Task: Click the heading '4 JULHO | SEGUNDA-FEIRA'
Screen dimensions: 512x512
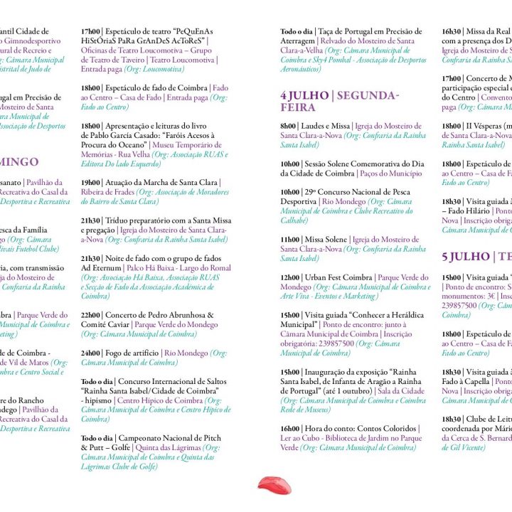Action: click(339, 102)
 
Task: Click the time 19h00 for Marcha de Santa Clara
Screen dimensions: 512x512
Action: click(90, 182)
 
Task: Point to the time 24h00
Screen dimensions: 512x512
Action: click(90, 353)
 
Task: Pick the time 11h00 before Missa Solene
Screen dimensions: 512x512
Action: click(290, 240)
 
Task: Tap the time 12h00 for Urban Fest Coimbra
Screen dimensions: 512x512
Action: click(290, 277)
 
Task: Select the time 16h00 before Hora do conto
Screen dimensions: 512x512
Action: click(290, 429)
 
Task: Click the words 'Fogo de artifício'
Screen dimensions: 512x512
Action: click(132, 353)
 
